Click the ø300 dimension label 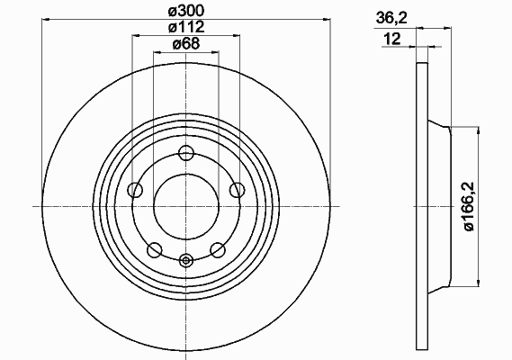tap(185, 11)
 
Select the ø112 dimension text tap(186, 27)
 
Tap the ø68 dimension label tap(185, 44)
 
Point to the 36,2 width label tap(391, 18)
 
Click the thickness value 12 tap(392, 40)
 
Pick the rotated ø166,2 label tap(469, 206)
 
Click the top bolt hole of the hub tap(186, 153)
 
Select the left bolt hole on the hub tap(135, 190)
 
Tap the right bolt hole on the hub tap(237, 190)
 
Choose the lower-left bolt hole tap(155, 250)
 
